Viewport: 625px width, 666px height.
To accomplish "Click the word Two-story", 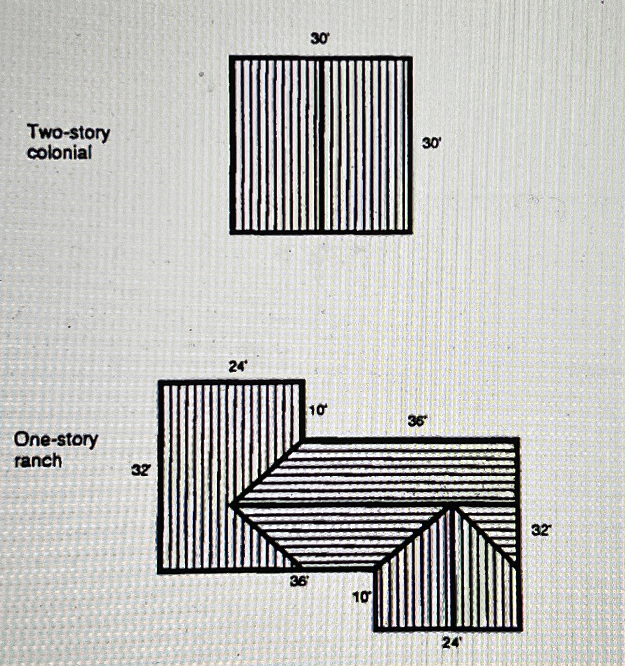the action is click(69, 133).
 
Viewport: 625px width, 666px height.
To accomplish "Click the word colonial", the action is click(60, 153).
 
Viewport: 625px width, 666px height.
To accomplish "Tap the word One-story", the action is click(56, 440).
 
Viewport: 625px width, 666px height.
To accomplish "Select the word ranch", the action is click(38, 461).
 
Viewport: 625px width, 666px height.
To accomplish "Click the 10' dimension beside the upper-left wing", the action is click(317, 411).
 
